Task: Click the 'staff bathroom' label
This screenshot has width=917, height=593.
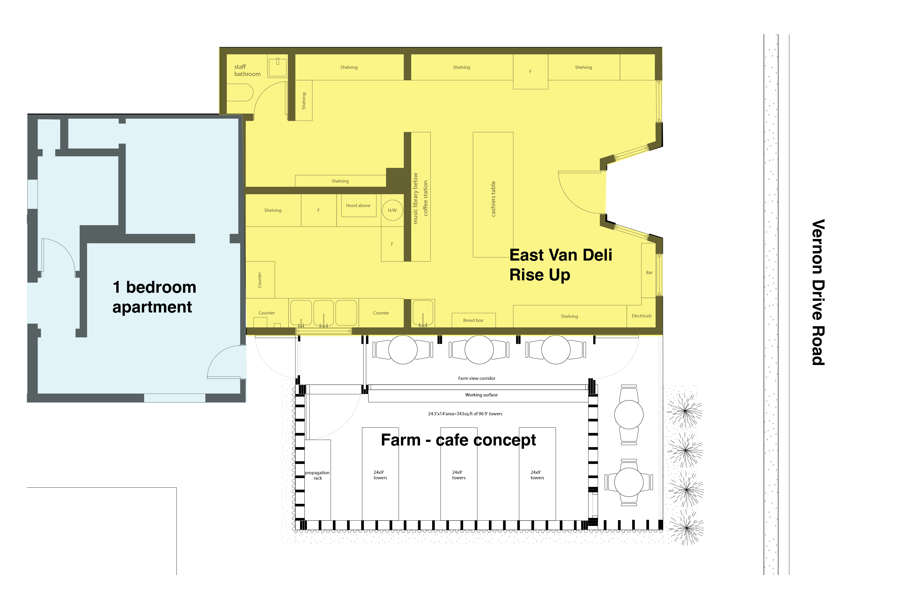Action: pos(247,70)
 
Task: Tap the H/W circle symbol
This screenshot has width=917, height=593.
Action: pos(392,210)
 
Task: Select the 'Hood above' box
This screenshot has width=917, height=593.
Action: pos(358,206)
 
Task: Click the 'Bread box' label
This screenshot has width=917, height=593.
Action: pos(473,320)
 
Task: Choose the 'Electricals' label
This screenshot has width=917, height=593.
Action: pos(642,316)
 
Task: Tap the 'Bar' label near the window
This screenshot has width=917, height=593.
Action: pos(649,273)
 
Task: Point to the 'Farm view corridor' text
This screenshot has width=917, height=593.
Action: pos(477,378)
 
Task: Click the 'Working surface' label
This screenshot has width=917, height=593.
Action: pos(481,395)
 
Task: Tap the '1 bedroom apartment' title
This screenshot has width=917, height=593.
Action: pos(154,297)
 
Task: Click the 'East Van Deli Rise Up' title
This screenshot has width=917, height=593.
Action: pos(561,265)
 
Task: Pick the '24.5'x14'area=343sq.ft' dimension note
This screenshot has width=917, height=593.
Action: pos(465,414)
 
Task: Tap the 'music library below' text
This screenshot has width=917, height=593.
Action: pos(415,198)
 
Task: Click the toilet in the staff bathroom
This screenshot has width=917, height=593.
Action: pos(240,92)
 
